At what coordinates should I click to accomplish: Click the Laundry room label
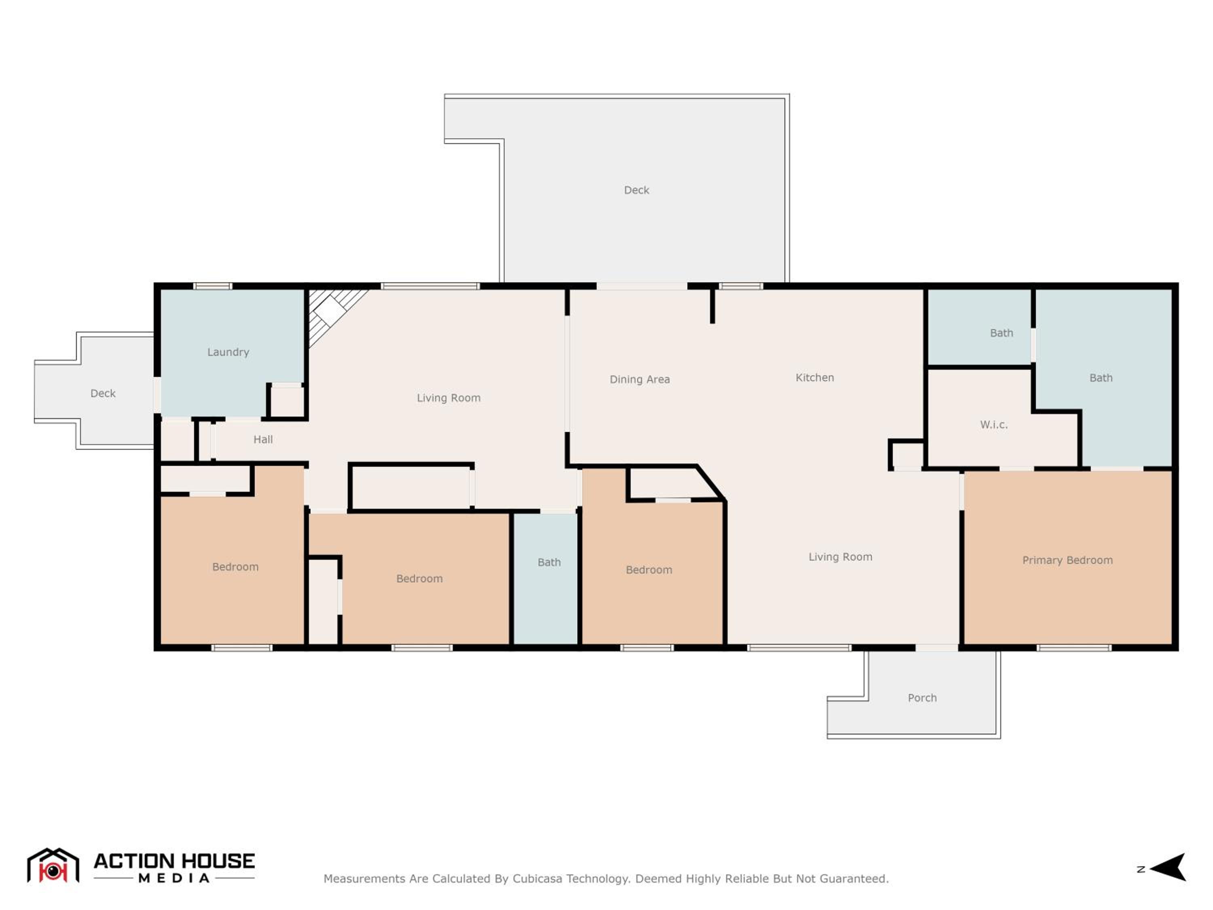tap(228, 352)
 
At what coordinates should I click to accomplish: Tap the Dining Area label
tap(639, 379)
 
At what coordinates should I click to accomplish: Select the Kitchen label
tap(814, 377)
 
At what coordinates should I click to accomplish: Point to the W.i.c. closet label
tap(994, 425)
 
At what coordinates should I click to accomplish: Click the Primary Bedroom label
tap(1067, 560)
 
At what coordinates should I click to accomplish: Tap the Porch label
tap(922, 698)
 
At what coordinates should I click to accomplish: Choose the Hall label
tap(263, 439)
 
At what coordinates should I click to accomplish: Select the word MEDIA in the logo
tap(174, 878)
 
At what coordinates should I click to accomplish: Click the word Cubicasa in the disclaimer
tap(537, 879)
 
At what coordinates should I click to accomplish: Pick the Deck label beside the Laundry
tap(103, 393)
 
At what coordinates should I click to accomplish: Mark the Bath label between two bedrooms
tap(549, 562)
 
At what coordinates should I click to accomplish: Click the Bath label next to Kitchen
tap(1001, 333)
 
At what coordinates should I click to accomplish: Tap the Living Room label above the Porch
tap(840, 557)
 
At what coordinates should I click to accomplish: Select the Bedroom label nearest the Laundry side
tap(235, 567)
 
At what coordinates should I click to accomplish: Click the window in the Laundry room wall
tap(213, 286)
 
